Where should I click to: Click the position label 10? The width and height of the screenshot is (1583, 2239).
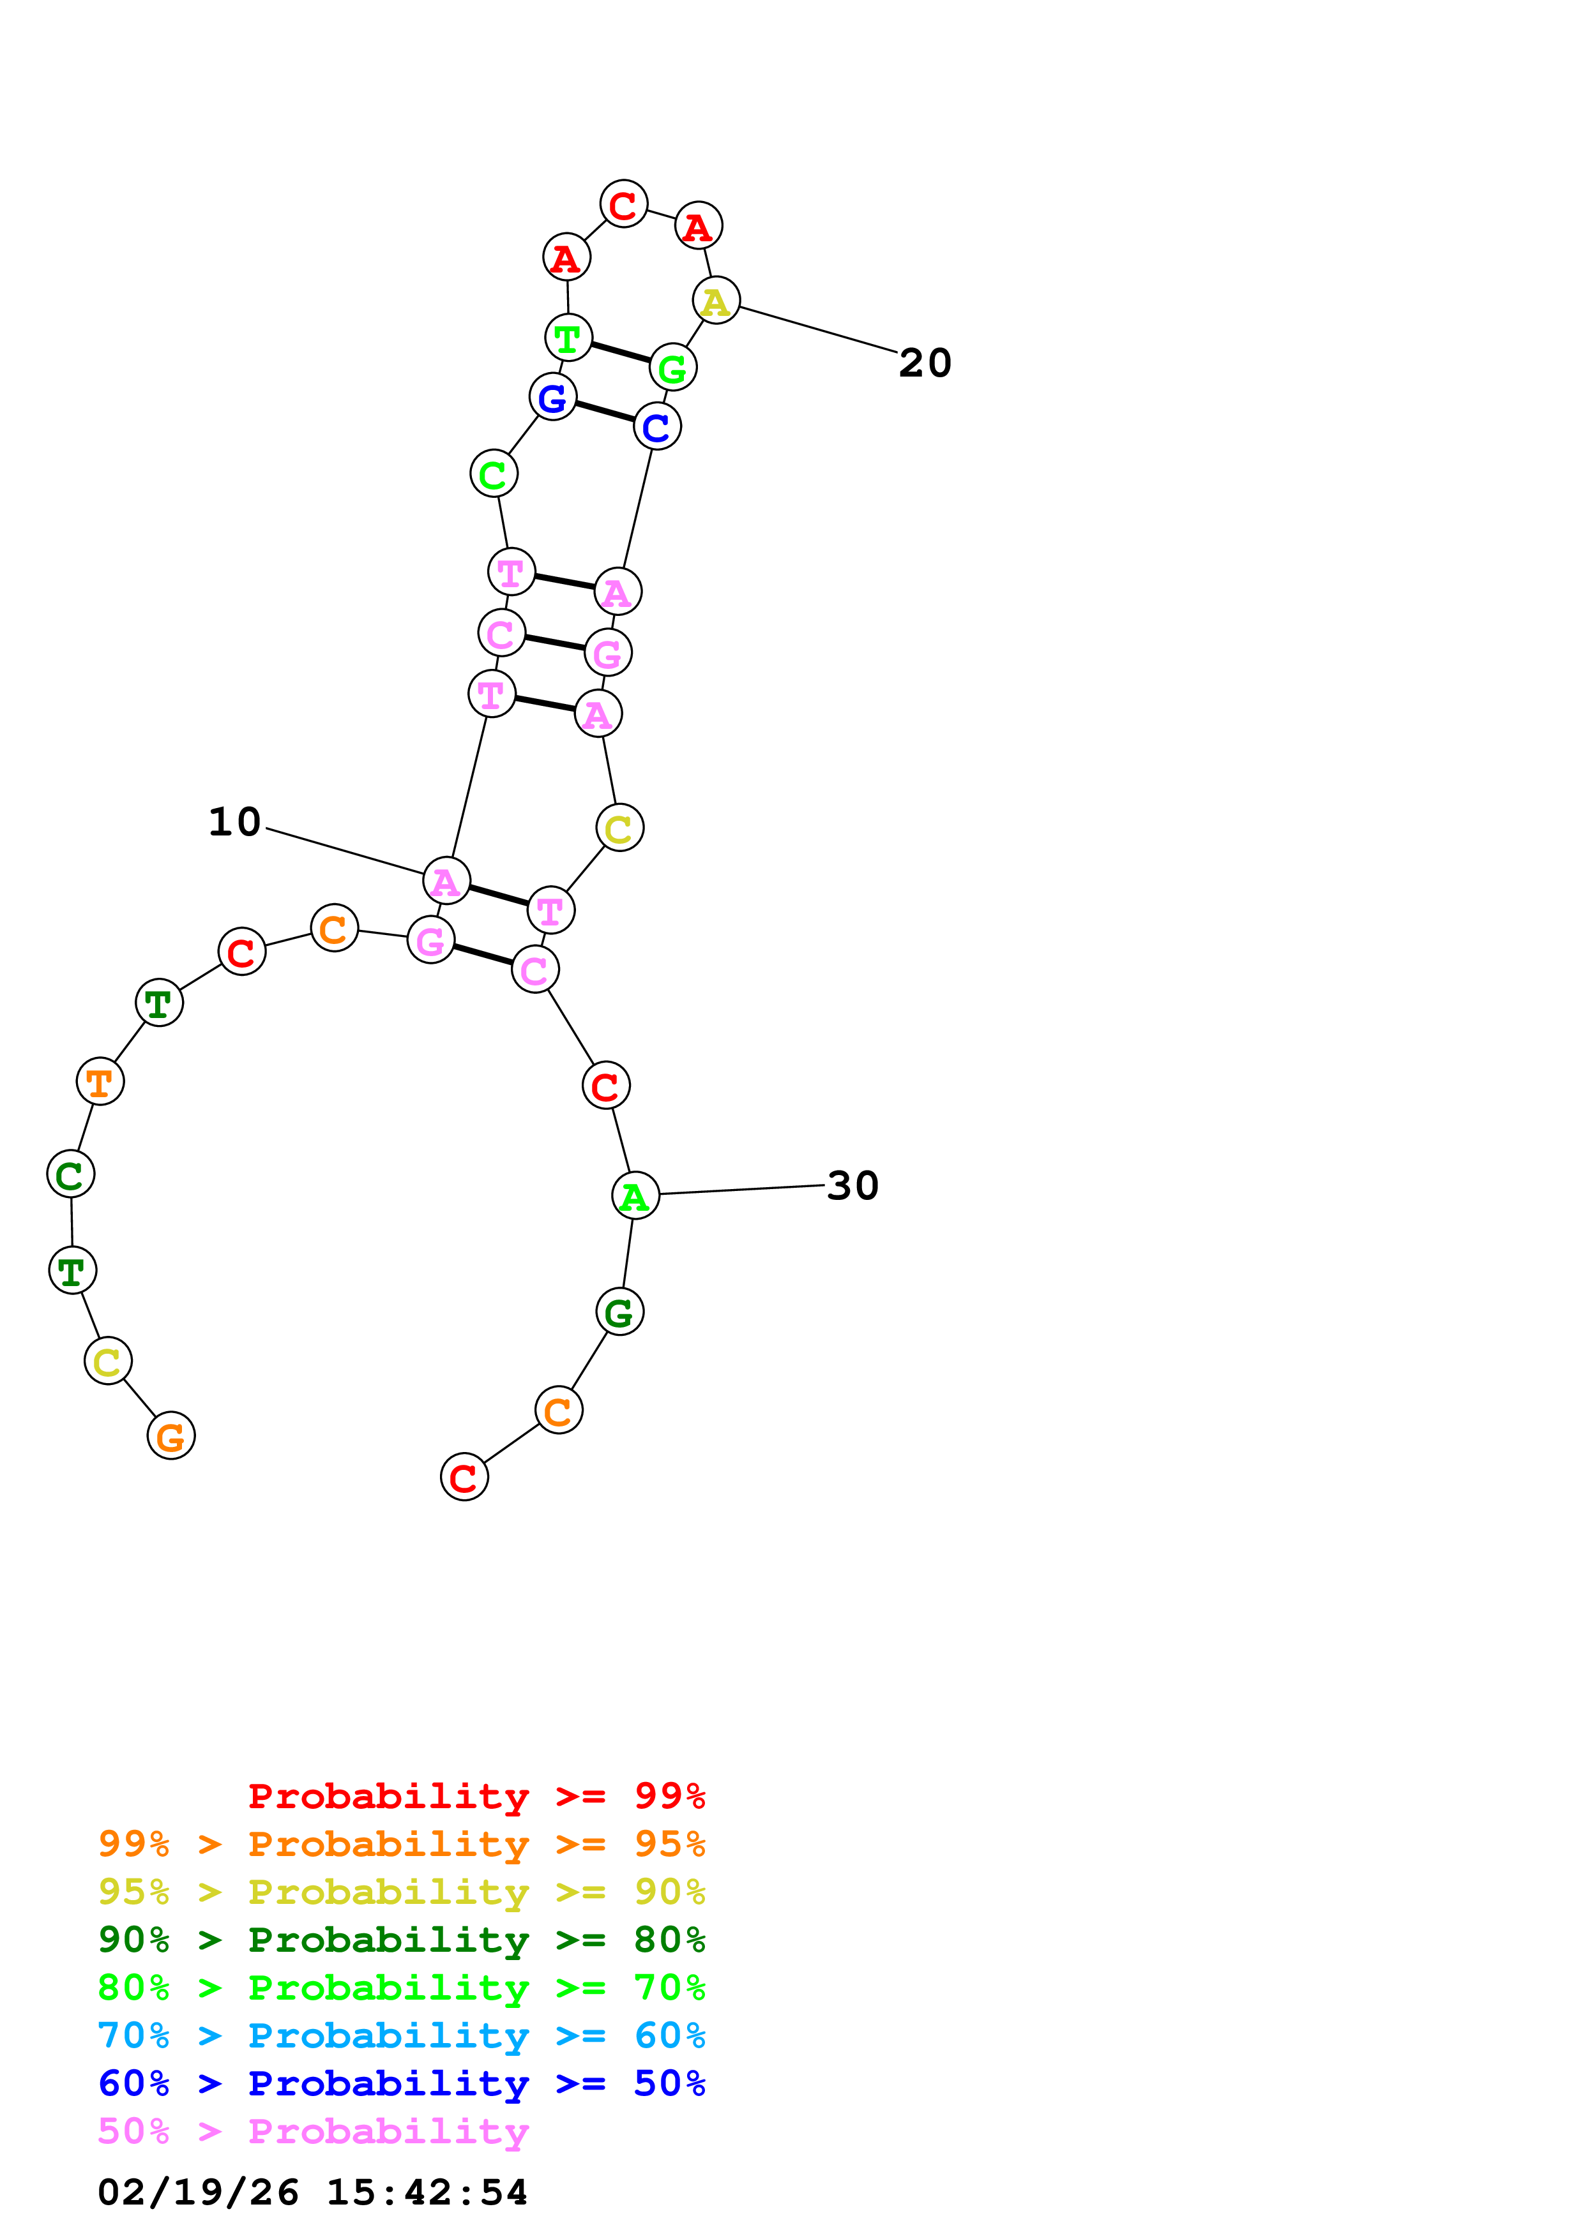pos(235,822)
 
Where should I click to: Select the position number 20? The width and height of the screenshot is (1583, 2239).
pos(925,363)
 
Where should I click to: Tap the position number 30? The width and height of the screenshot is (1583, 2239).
pos(852,1186)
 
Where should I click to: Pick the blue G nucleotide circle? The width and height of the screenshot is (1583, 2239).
pos(552,397)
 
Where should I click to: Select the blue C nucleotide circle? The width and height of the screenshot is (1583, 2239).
pos(656,426)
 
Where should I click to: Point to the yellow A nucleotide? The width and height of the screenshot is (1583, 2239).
pos(716,301)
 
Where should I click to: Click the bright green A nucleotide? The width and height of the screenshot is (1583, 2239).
pos(635,1195)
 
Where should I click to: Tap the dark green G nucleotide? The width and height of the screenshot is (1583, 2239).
pos(619,1313)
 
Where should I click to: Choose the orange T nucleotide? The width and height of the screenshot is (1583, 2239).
pos(100,1081)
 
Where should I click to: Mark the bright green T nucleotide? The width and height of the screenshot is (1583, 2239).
pos(568,338)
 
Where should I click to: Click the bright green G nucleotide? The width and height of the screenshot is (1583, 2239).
pos(673,368)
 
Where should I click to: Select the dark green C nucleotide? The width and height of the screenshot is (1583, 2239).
pos(70,1174)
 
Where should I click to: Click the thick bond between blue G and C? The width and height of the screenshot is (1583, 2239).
pos(605,412)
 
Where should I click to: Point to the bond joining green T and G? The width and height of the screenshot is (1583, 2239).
pos(620,352)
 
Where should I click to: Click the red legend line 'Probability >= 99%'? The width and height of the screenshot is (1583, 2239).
pos(476,1796)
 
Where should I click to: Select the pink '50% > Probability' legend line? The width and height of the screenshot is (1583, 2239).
pos(313,2132)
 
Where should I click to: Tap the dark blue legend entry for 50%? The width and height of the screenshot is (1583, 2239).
pos(401,2084)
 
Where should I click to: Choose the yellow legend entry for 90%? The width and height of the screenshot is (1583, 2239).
pos(401,1892)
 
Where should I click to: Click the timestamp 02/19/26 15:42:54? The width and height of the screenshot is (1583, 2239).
pos(312,2192)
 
